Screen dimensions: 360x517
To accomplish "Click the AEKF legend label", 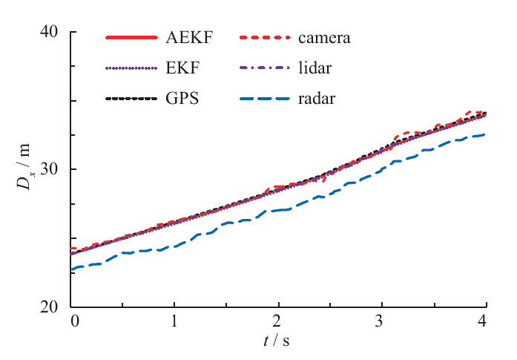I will pyautogui.click(x=186, y=37).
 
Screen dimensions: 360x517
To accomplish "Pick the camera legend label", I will pyautogui.click(x=324, y=37).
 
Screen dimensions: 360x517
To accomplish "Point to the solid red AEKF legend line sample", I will pyautogui.click(x=132, y=37).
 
